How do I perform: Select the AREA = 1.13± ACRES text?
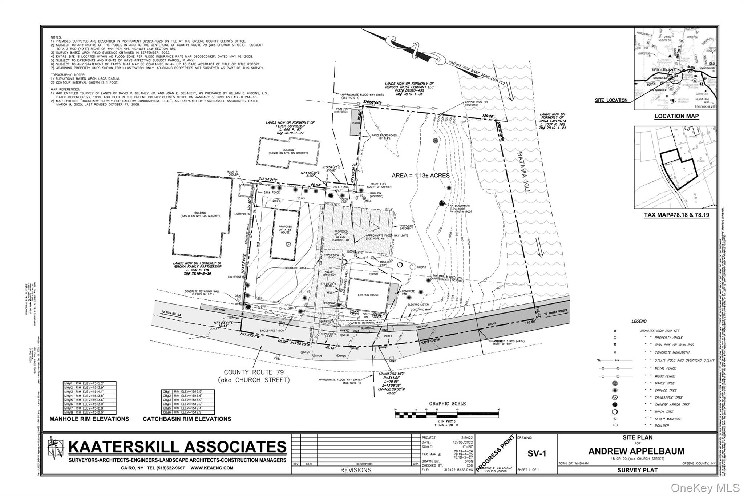coord(420,176)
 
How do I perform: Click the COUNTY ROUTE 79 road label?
coord(254,372)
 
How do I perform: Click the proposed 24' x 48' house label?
coord(285,229)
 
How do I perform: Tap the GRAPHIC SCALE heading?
coord(447,403)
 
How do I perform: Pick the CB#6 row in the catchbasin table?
coord(187,412)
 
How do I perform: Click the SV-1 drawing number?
coord(537,453)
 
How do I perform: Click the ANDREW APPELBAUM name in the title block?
coord(636,451)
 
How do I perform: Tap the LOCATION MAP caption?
coord(676,116)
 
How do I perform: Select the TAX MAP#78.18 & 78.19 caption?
coord(676,215)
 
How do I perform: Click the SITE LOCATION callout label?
coord(611,100)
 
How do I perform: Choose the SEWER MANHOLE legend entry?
coord(668,419)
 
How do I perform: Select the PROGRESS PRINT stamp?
coord(495,453)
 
